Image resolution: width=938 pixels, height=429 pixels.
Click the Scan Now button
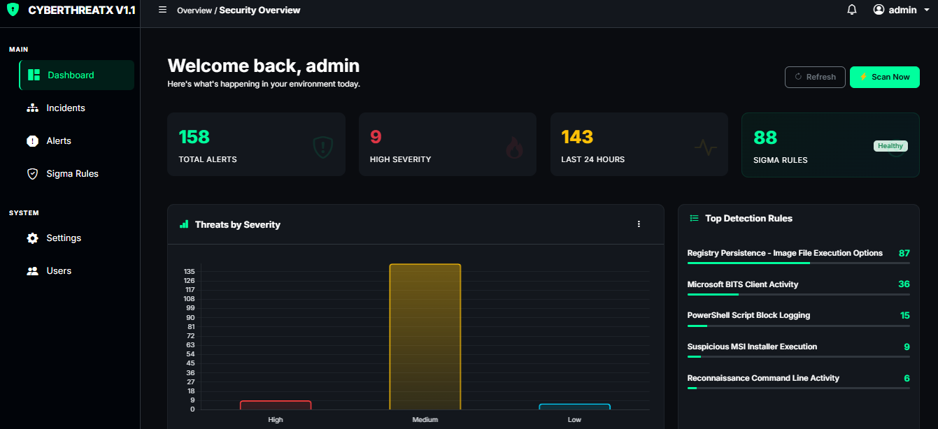[884, 77]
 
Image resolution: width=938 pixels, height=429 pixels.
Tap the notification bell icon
[852, 10]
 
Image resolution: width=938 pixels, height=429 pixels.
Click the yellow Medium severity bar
[425, 337]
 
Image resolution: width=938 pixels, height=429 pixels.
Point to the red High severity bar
[276, 405]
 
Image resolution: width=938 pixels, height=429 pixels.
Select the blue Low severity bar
[574, 407]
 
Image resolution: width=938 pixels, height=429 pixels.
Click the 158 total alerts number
[194, 137]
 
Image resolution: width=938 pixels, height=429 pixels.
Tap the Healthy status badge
[890, 145]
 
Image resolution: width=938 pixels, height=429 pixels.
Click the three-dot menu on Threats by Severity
[639, 224]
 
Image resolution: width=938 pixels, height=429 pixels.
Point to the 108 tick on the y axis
[190, 299]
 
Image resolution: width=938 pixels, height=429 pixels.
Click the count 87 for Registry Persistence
[904, 253]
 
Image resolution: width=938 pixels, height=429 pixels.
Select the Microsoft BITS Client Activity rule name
[742, 284]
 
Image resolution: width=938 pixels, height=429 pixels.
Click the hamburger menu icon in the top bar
[162, 10]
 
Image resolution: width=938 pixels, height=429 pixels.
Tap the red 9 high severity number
[376, 137]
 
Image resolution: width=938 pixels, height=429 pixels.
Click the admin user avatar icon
[879, 10]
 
